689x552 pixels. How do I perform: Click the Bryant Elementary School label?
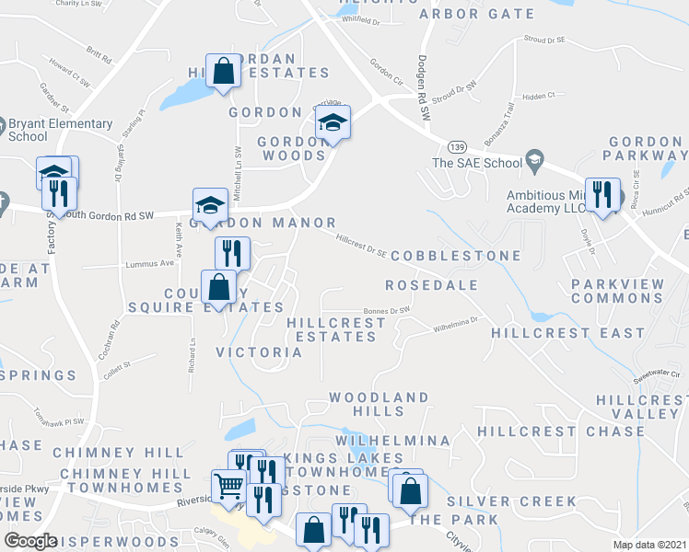pos(60,131)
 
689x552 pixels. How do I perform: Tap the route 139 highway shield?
pos(456,146)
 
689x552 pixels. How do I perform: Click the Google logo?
pos(30,541)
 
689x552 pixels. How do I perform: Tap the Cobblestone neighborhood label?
pos(456,255)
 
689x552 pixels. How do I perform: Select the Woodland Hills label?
pos(379,406)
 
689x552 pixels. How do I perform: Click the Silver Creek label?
pos(511,501)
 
